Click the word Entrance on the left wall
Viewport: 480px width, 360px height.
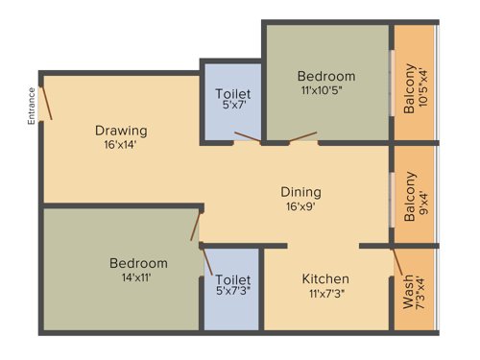pos(31,106)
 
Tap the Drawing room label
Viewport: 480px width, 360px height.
pos(120,131)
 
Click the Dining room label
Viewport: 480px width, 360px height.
pos(300,191)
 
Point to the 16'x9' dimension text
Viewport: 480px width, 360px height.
pos(300,206)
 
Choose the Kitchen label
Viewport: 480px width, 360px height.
pos(325,278)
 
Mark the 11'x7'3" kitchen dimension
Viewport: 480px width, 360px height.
pos(325,294)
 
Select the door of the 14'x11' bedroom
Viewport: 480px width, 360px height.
pos(195,227)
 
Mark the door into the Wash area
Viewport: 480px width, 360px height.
pos(396,261)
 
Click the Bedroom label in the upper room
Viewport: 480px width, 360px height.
pos(325,77)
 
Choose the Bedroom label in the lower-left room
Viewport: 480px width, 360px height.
pos(138,263)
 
